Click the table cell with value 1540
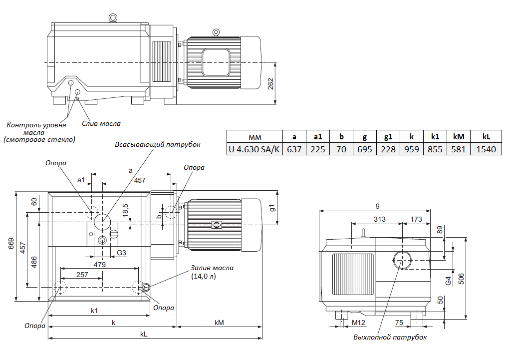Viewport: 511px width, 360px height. pos(486,149)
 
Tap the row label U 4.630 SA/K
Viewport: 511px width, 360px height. pos(254,149)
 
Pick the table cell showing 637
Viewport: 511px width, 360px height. pos(294,149)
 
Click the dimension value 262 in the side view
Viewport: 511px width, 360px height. pos(270,84)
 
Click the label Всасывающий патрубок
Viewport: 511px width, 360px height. pos(157,144)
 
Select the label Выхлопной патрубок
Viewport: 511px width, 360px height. pos(390,337)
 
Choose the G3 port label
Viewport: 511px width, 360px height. pos(121,253)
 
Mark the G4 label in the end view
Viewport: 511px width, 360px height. pos(448,280)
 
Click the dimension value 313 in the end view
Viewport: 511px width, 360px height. pos(380,219)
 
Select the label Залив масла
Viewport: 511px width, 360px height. pos(212,268)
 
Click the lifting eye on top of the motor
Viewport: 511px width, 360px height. pos(216,32)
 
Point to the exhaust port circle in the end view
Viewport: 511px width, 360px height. pos(403,260)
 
